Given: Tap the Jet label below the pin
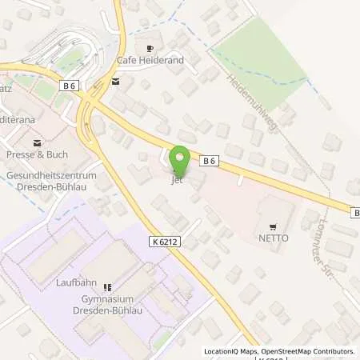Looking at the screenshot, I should click(178, 180).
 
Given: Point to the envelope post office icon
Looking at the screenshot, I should click(116, 81).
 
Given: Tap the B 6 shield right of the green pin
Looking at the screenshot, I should click(210, 161).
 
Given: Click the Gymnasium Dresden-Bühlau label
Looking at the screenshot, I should click(106, 303).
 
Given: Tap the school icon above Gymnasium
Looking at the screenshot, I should click(107, 287).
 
